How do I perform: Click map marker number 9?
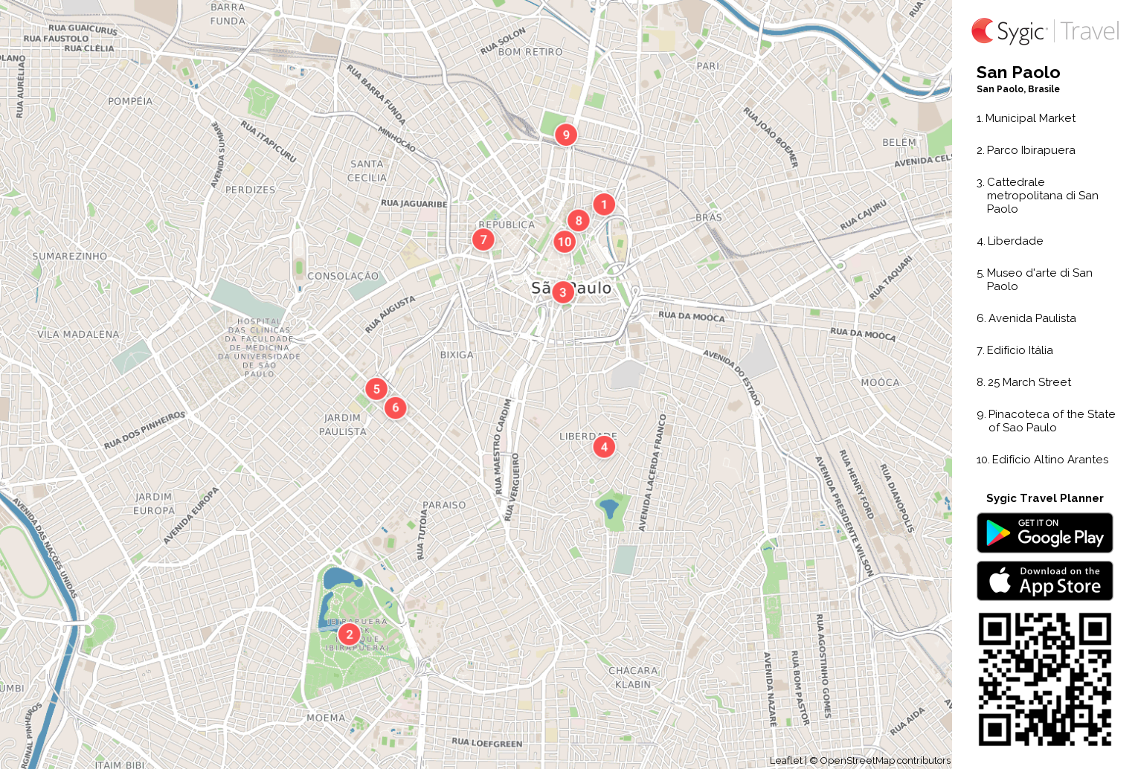click(566, 135)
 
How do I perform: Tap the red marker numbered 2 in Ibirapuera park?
click(349, 634)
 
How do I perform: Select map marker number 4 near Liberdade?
click(604, 446)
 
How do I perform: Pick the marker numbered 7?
click(483, 239)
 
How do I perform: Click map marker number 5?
click(376, 388)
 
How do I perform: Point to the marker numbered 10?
click(565, 242)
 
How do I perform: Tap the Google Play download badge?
click(1044, 532)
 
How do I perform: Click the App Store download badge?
click(1044, 581)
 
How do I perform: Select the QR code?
click(1044, 679)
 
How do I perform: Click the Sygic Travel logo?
click(1044, 31)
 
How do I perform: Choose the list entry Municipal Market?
click(1030, 118)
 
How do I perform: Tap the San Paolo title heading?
click(1018, 73)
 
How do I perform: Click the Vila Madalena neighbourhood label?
click(78, 335)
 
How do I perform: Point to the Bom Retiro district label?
click(530, 52)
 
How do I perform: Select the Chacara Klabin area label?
click(633, 678)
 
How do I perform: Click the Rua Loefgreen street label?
click(487, 742)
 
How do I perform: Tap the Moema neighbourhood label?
click(326, 718)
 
